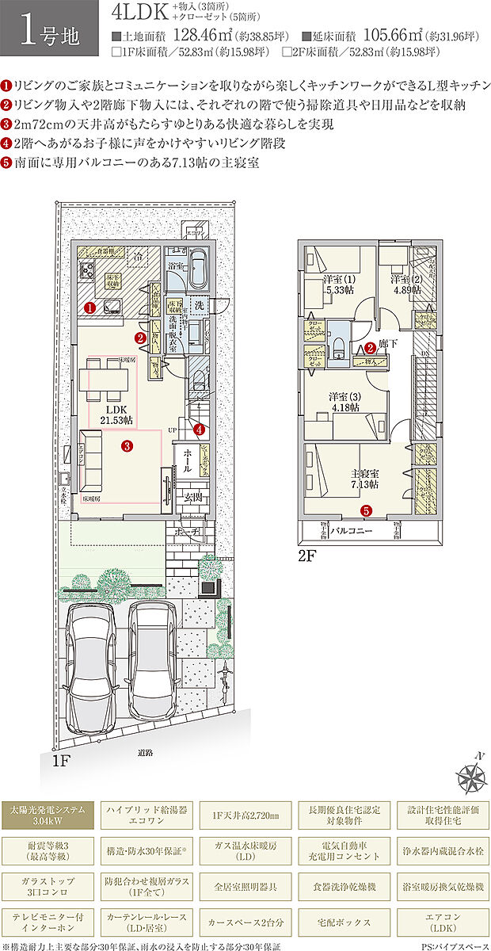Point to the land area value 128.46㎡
coord(203,36)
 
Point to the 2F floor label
coord(306,556)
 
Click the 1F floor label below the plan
coord(62,760)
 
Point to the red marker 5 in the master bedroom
coord(366,511)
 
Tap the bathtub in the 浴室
coord(198,270)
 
